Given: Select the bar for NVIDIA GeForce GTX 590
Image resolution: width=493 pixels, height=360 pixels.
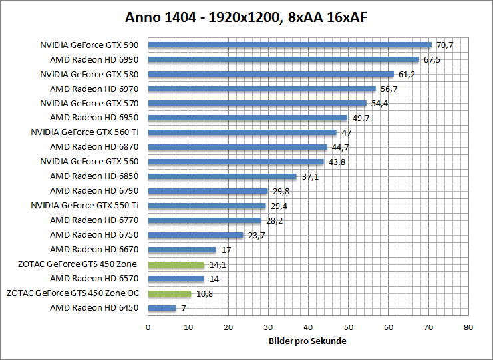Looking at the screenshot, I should (x=289, y=45).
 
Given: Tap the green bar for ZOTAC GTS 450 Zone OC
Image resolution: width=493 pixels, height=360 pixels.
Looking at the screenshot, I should (x=169, y=293).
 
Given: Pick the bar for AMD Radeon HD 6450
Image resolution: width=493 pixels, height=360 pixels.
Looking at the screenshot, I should (x=162, y=308).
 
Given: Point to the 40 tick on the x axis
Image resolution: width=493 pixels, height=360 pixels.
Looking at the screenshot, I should (x=308, y=327).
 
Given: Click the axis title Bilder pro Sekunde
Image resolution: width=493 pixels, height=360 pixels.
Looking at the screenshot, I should (x=308, y=341).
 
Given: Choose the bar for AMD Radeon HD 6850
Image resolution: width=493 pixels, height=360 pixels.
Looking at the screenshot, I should (x=222, y=176).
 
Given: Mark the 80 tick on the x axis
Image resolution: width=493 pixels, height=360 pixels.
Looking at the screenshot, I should (x=468, y=327).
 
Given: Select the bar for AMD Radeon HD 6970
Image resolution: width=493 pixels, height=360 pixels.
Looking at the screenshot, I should (x=261, y=89).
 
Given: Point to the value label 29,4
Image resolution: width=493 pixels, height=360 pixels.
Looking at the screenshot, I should (x=279, y=206).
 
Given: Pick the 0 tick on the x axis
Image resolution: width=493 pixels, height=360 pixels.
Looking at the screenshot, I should (x=148, y=327).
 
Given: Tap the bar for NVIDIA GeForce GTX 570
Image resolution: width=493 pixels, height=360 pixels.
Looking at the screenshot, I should (x=257, y=103).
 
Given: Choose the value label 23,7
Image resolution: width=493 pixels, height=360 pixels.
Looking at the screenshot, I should (x=255, y=235).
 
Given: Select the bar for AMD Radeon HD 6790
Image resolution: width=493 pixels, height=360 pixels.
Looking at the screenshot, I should (x=208, y=191).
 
